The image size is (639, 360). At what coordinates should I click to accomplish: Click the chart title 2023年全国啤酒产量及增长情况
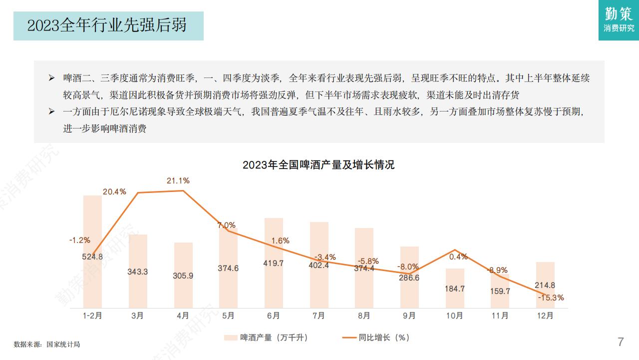tap(319, 164)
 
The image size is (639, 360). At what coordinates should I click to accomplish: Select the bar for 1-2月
tap(92, 250)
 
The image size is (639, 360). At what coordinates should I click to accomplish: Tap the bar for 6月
tap(274, 262)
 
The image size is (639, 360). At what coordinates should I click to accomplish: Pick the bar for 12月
tap(545, 285)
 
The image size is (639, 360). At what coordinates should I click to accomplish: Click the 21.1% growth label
tap(178, 180)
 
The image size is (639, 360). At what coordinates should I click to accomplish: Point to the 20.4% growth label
tap(114, 191)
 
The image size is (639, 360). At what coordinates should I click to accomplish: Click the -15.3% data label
tap(551, 297)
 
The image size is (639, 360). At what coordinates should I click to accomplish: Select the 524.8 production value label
tap(92, 257)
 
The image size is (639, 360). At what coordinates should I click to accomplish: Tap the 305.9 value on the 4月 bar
tap(183, 275)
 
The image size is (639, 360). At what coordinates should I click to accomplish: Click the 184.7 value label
tap(455, 288)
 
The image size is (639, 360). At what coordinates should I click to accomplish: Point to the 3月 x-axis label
tap(138, 315)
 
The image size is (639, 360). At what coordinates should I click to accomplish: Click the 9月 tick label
tap(409, 315)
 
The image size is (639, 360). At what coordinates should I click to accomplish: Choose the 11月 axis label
tap(500, 315)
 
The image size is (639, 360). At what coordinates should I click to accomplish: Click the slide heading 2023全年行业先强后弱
tap(107, 25)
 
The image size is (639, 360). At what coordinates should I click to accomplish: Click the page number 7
tap(621, 342)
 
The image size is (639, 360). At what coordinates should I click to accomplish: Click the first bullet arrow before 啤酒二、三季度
tap(51, 78)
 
